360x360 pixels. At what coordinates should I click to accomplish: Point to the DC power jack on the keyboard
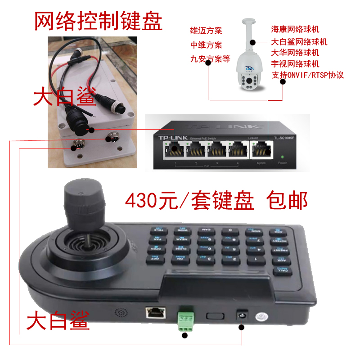tap(243, 315)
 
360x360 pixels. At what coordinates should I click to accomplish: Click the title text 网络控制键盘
tap(98, 21)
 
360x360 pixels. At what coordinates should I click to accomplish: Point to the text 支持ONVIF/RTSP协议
tap(308, 75)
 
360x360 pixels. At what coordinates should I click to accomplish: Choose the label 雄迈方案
tap(206, 31)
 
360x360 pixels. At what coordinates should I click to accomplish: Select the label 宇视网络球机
tap(295, 63)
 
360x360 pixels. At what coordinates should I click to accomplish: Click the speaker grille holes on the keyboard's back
tap(120, 312)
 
